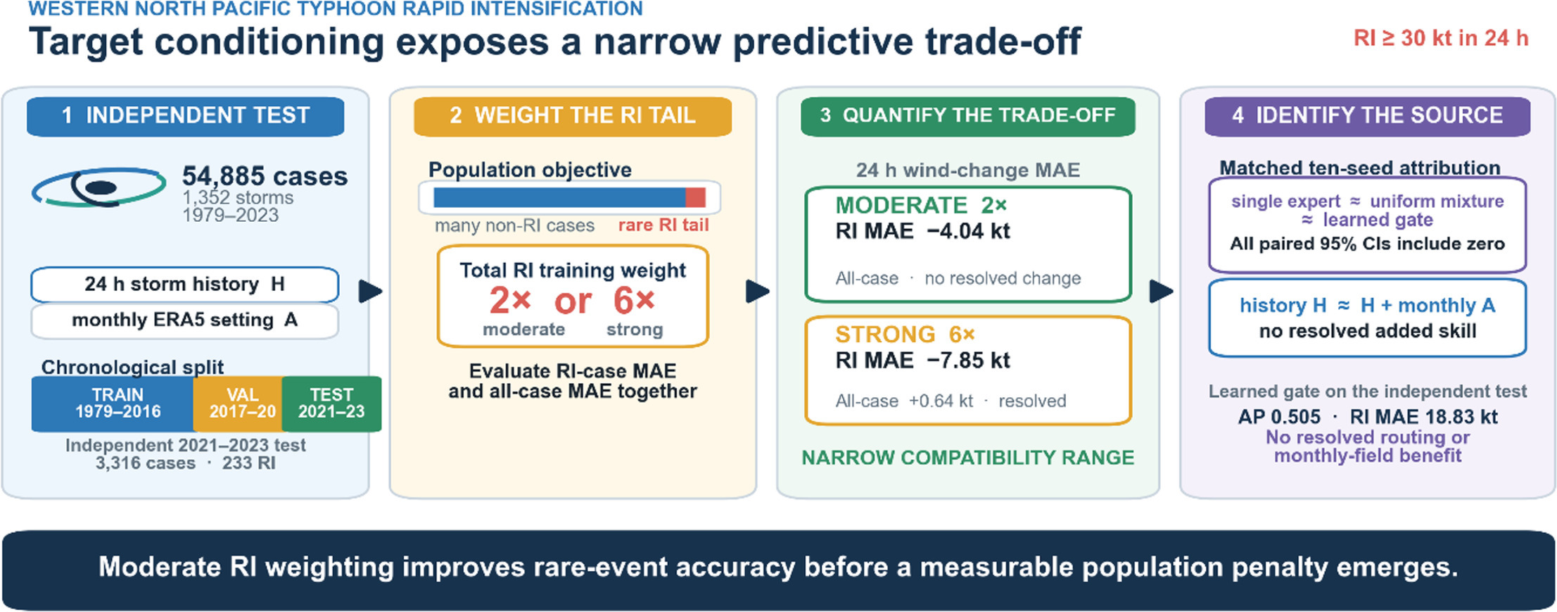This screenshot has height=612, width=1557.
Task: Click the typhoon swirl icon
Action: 99,187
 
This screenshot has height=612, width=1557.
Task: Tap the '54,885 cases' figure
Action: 265,175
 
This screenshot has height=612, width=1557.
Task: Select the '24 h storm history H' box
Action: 184,285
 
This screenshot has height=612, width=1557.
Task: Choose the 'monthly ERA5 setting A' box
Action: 184,320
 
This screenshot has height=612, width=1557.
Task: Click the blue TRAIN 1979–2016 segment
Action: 113,404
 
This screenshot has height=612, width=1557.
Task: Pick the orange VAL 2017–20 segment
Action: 238,404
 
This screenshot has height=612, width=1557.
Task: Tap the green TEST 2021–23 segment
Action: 331,404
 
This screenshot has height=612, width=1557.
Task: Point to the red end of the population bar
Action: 695,197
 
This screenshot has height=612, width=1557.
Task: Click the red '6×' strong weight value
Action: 634,301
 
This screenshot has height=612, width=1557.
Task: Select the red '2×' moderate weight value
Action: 510,301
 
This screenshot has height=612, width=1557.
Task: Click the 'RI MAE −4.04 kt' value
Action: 922,231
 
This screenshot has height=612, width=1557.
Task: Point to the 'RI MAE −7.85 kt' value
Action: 922,361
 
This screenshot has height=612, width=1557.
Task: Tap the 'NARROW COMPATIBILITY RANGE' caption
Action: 967,458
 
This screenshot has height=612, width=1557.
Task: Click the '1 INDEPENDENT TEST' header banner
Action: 185,116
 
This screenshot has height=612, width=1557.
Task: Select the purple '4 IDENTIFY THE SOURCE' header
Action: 1367,116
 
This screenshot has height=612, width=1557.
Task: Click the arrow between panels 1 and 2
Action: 370,291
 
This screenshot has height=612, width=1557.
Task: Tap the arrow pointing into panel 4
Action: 1161,291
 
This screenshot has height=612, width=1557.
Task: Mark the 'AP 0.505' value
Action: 1279,417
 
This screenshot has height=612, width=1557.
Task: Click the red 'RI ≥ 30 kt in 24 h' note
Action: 1441,38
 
